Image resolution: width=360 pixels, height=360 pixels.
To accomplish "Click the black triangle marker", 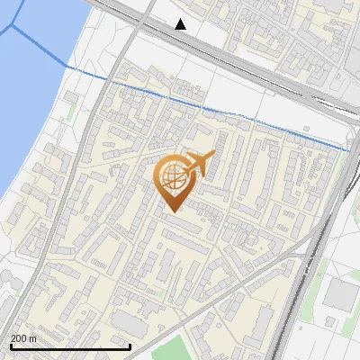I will tap(181, 24).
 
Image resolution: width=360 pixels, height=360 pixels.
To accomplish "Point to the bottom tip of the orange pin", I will tap(171, 211).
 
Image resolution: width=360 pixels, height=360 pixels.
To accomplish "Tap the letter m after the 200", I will tap(33, 338).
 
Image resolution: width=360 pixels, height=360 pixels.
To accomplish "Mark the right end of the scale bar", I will tap(131, 346).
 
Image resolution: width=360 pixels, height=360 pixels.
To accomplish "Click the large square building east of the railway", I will tap(340, 294).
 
